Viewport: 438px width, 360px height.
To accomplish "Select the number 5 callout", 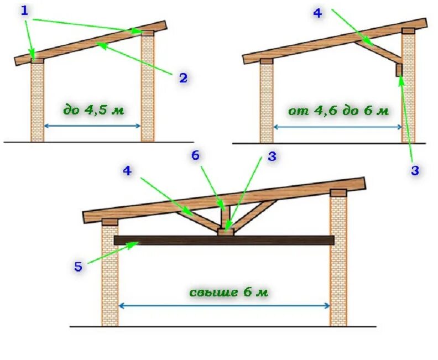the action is [x=78, y=267].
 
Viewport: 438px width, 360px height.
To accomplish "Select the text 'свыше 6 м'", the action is [x=229, y=291].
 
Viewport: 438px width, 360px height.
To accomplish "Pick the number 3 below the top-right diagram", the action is [x=415, y=170].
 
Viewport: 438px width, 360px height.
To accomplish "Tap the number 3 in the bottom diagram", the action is [x=272, y=157].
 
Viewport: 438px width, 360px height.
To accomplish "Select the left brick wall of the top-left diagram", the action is [x=38, y=100].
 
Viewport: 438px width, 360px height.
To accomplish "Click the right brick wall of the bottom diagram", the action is [x=338, y=260].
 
